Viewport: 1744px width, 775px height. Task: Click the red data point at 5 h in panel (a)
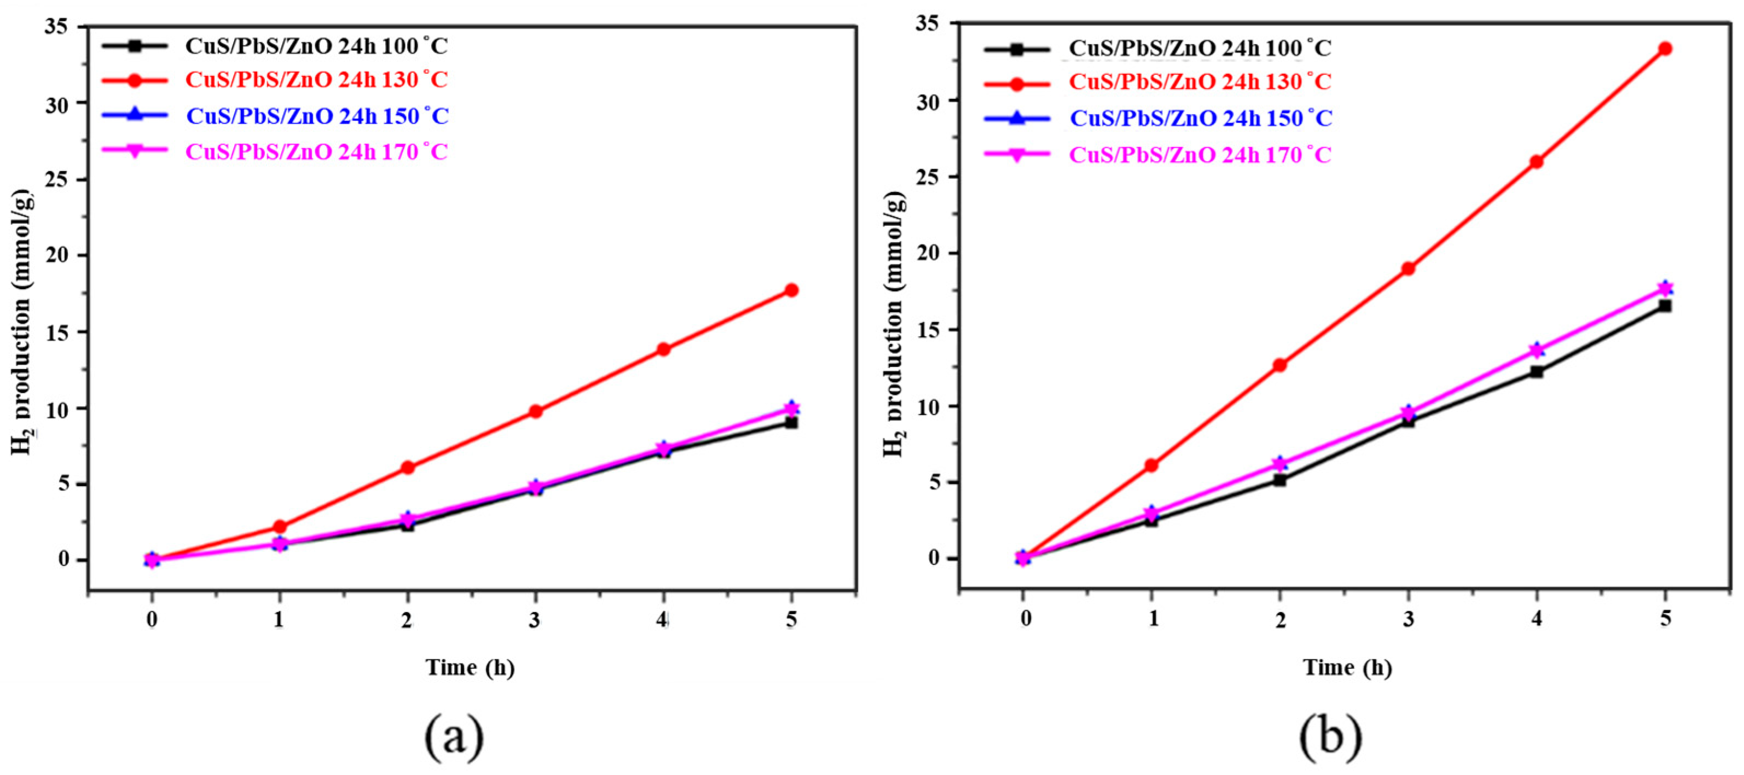[x=791, y=290]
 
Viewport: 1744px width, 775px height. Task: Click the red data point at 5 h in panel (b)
[x=1665, y=48]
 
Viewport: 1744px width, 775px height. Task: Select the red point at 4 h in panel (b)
[x=1536, y=162]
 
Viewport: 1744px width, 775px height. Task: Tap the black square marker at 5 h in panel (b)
[x=1665, y=306]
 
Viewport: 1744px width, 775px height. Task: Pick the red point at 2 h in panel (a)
[x=408, y=467]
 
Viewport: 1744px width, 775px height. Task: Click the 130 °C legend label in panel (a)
[x=317, y=80]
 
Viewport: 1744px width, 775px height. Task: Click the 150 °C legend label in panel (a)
[x=317, y=116]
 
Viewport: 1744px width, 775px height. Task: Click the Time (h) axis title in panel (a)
[x=470, y=668]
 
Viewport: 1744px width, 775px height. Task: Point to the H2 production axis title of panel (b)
[x=893, y=325]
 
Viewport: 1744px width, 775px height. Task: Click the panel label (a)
[x=454, y=737]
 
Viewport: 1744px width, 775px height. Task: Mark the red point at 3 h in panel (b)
[x=1407, y=268]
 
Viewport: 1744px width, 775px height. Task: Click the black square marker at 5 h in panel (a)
[x=791, y=422]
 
